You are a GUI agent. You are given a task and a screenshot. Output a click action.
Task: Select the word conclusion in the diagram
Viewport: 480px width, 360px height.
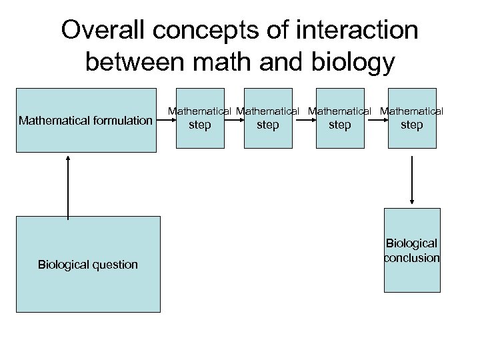pyautogui.click(x=412, y=258)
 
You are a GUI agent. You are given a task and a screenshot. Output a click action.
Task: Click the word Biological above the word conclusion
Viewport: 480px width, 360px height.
pyautogui.click(x=412, y=244)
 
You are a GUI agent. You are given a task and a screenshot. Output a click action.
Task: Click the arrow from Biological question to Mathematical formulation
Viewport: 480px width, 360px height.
pyautogui.click(x=68, y=186)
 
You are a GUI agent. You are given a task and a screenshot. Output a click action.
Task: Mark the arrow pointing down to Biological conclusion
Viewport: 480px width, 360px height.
pyautogui.click(x=412, y=180)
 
